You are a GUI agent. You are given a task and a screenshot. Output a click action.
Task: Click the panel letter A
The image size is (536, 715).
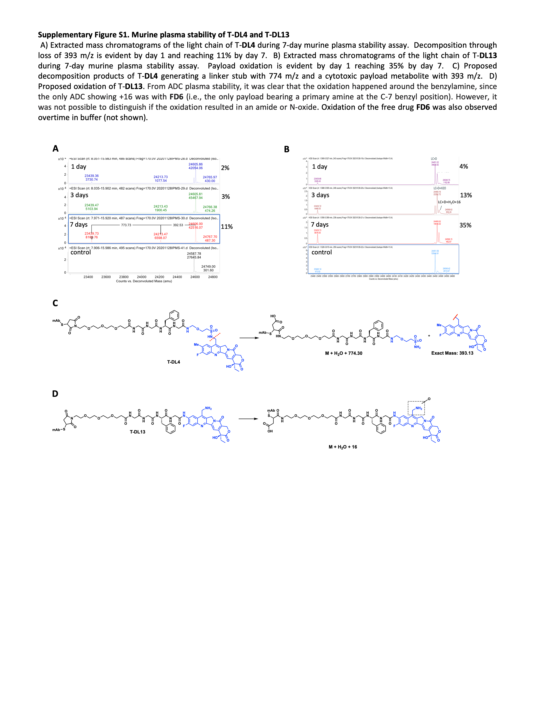click(x=56, y=149)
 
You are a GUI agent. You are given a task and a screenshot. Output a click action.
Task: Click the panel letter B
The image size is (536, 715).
click(x=287, y=149)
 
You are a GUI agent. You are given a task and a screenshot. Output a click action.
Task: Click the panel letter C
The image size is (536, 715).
click(x=55, y=303)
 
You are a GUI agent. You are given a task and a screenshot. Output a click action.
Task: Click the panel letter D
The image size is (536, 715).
click(x=55, y=394)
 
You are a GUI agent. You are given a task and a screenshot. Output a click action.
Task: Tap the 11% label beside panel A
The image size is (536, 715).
click(x=227, y=227)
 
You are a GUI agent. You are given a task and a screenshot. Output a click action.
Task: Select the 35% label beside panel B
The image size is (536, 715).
click(x=465, y=225)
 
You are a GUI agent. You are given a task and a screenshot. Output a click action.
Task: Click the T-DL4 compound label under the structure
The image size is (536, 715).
click(x=173, y=362)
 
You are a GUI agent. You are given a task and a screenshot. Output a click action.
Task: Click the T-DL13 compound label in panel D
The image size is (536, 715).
click(x=138, y=432)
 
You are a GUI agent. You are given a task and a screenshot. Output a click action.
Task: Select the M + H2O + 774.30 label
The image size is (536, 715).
click(x=343, y=353)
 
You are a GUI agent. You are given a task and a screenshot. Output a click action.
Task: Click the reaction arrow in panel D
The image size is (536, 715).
click(x=248, y=419)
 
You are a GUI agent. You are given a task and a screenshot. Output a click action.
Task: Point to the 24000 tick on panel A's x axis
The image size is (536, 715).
click(x=142, y=277)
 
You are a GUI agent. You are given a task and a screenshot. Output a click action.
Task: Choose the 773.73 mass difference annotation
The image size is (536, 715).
click(x=126, y=225)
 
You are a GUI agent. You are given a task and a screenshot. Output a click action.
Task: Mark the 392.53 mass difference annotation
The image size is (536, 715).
click(x=178, y=225)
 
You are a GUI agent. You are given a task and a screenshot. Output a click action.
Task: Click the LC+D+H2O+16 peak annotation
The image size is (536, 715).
click(x=449, y=202)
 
